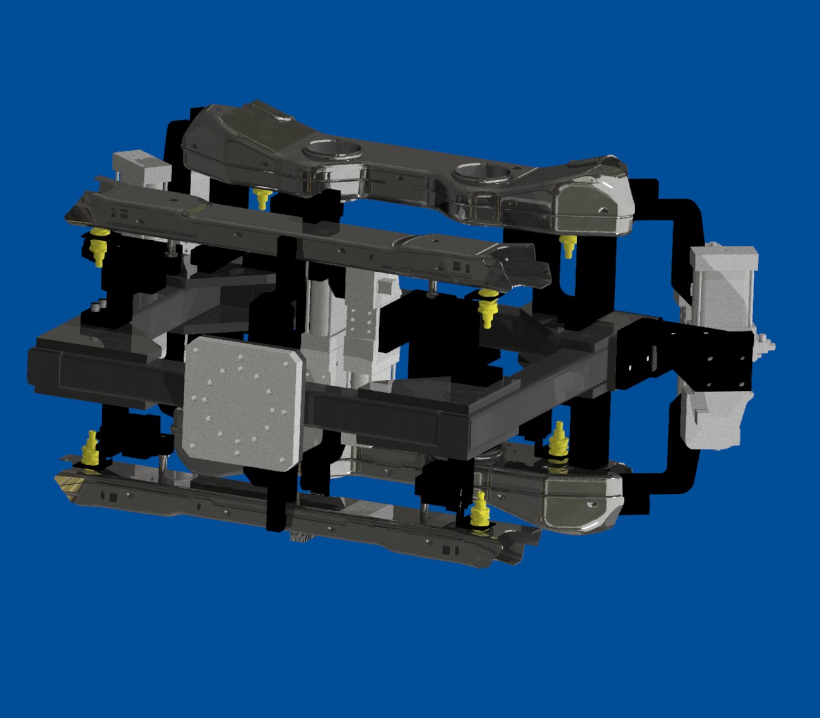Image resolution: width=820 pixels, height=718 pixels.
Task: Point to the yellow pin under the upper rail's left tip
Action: (98, 246)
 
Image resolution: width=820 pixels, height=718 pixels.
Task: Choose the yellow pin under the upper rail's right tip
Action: (486, 306)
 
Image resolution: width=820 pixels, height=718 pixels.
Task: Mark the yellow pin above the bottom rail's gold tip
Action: (92, 448)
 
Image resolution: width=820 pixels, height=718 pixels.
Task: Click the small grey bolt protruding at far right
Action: (768, 345)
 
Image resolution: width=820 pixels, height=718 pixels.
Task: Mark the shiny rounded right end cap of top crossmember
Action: (593, 202)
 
